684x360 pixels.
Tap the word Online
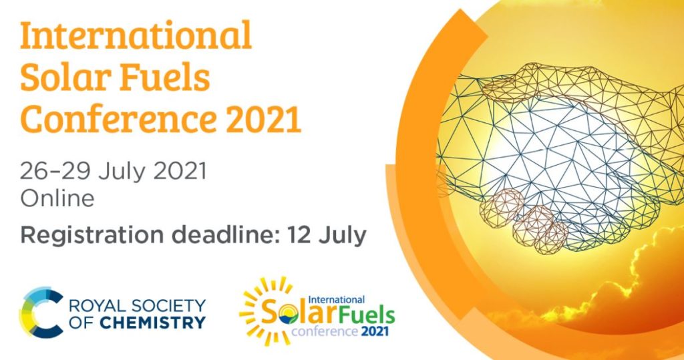57,198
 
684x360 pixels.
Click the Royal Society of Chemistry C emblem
40,312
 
